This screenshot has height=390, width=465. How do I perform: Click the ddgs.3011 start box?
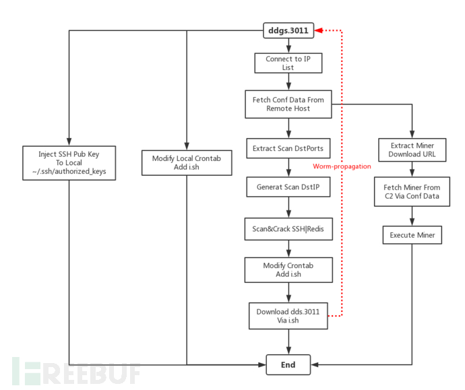[288, 30]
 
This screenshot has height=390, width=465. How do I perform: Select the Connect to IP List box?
[288, 63]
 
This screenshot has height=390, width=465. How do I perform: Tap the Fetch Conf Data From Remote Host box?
[288, 104]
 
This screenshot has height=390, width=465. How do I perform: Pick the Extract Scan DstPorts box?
[288, 148]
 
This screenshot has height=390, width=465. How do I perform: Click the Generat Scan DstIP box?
[288, 187]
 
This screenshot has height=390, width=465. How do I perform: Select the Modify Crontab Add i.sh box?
[288, 270]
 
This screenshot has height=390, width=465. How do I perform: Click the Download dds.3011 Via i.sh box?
[288, 316]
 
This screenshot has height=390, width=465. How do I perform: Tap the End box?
[288, 365]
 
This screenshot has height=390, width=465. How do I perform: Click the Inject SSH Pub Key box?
[69, 162]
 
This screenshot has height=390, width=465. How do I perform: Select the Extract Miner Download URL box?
[412, 149]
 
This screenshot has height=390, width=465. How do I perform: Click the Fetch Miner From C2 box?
[412, 191]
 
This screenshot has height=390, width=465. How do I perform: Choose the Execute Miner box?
[412, 235]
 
